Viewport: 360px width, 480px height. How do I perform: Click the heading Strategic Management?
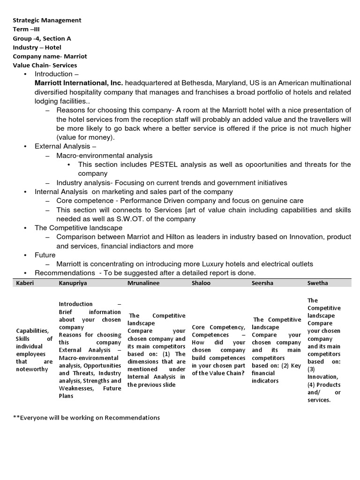click(47, 20)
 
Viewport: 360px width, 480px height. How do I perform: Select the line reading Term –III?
click(26, 29)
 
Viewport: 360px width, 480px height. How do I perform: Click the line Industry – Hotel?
click(37, 47)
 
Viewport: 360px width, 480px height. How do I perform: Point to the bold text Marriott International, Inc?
click(79, 83)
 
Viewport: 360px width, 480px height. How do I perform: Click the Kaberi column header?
click(25, 283)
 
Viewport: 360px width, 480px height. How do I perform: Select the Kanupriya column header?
click(73, 283)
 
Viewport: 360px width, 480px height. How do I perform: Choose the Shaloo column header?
click(201, 283)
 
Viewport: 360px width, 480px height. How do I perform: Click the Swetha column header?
click(318, 283)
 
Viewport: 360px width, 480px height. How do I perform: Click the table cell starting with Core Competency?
click(218, 350)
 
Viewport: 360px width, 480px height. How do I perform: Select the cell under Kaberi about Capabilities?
click(34, 350)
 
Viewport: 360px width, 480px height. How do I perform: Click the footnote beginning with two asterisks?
click(86, 418)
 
